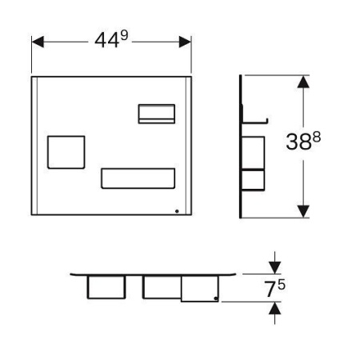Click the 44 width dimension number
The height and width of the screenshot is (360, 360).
point(106,41)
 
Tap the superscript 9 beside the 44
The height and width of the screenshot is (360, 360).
point(124,35)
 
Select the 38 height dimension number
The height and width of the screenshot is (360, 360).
point(298,142)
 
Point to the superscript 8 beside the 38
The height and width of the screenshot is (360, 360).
point(317,138)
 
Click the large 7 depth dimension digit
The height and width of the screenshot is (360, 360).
point(270,289)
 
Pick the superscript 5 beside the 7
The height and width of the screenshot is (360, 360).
point(282,285)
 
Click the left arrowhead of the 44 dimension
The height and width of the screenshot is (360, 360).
point(38,42)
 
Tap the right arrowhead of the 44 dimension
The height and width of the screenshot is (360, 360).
point(185,42)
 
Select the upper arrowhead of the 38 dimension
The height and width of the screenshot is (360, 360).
point(303,82)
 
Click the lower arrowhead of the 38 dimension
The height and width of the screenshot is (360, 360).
point(303,211)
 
